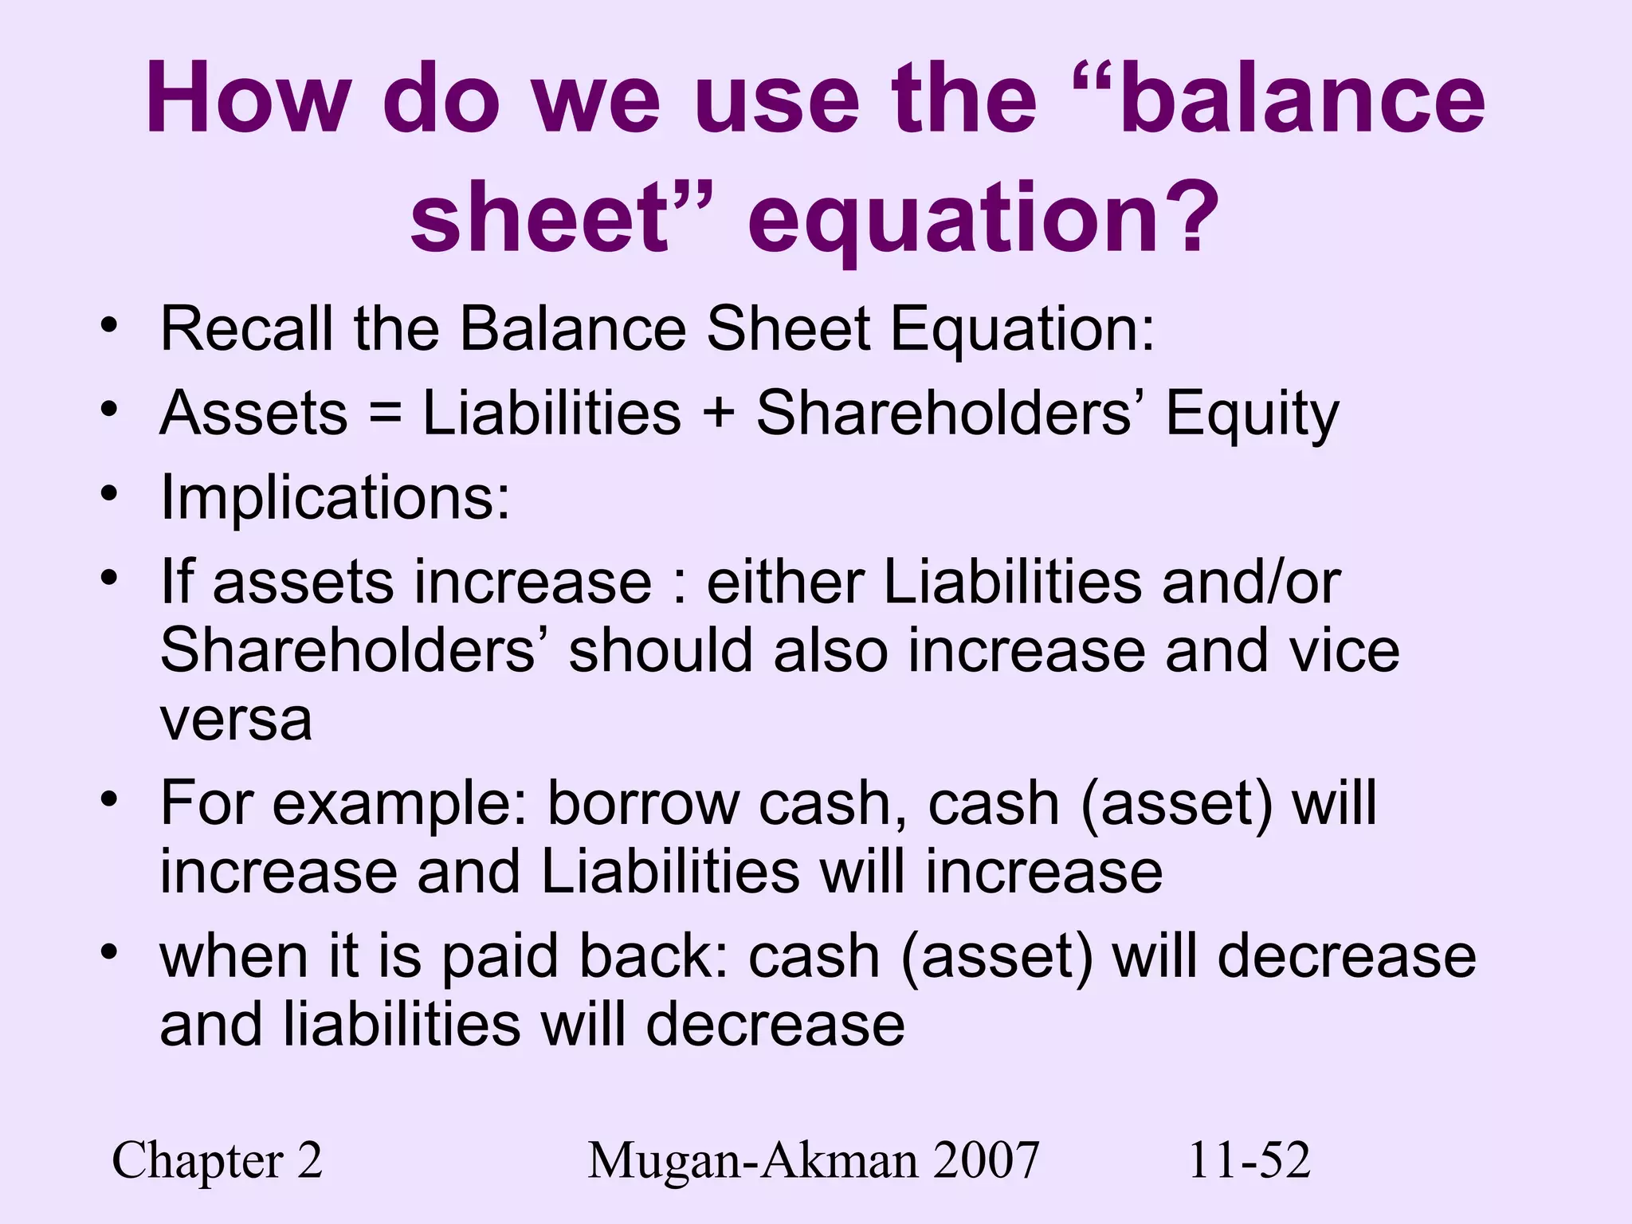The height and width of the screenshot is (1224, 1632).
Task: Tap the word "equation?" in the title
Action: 983,218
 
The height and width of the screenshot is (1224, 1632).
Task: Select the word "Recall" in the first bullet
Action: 247,328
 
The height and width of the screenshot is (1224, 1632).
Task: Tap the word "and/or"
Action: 1251,583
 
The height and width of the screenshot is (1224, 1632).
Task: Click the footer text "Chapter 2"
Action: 217,1160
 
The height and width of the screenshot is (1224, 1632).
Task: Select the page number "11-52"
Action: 1249,1160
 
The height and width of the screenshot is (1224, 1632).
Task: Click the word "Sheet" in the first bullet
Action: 789,328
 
